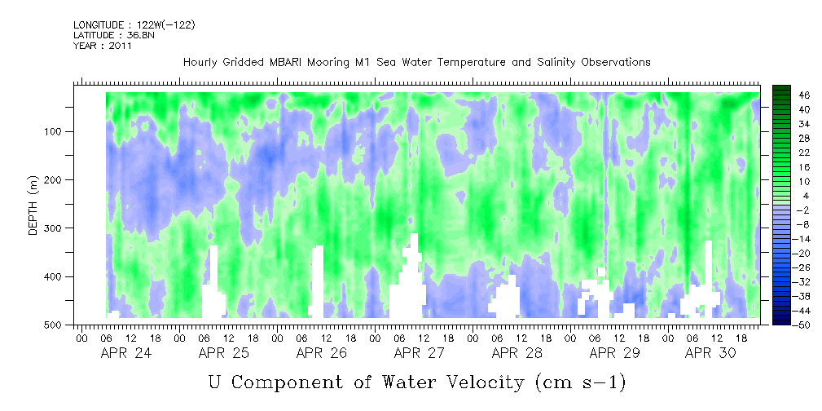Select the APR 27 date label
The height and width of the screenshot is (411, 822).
coord(420,353)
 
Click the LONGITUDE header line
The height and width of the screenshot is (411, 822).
coord(134,25)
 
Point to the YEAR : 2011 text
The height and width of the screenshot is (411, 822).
coord(103,46)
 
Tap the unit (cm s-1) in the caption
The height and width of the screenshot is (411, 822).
coord(580,381)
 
